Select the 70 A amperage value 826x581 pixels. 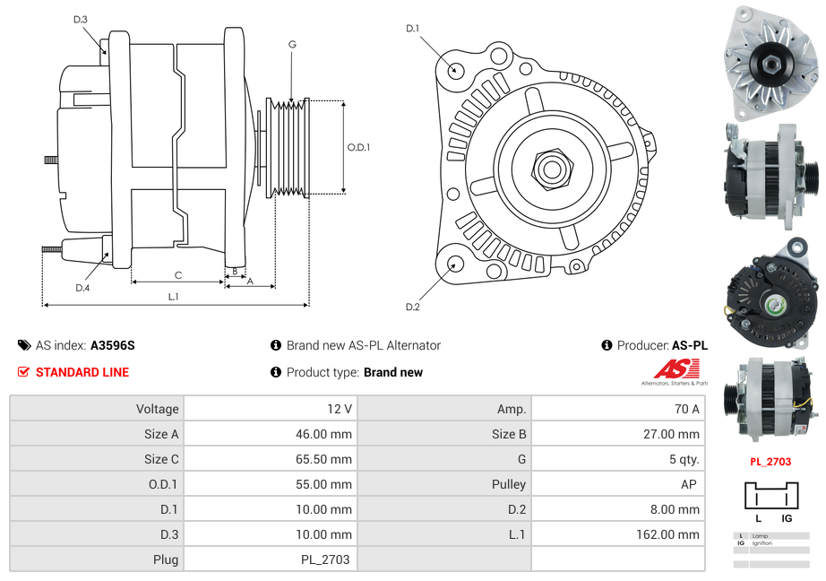coord(686,409)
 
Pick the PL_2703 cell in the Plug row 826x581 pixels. coord(326,559)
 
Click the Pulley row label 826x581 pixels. coord(509,484)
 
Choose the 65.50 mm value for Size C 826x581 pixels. coord(324,459)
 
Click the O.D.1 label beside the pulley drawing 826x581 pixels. coord(358,148)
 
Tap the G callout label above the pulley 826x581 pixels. coord(292,44)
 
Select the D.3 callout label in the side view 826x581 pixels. coord(81,19)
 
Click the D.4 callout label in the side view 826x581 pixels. coord(82,287)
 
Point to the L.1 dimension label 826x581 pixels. coord(174,297)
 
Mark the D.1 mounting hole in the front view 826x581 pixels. coord(455,69)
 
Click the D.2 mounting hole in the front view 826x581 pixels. coord(455,264)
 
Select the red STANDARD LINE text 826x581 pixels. coord(82,372)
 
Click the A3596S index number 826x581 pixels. coord(112,345)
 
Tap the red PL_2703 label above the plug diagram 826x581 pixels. coord(770,463)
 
